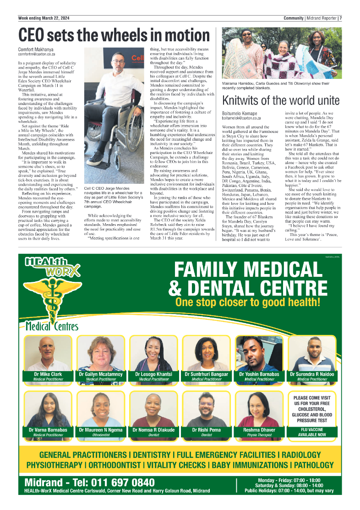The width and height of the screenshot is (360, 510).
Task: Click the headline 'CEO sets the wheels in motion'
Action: (x=114, y=35)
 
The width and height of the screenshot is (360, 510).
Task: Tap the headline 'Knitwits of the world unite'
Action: (x=281, y=101)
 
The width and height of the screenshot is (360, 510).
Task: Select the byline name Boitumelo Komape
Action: (x=245, y=113)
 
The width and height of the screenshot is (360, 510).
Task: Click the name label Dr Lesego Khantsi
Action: (x=153, y=374)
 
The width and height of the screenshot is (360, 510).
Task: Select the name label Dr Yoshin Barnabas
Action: (x=259, y=374)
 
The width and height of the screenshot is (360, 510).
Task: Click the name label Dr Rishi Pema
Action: (x=206, y=430)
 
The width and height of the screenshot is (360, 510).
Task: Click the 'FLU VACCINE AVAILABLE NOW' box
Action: (x=312, y=432)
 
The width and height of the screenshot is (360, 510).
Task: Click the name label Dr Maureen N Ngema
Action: (x=100, y=430)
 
